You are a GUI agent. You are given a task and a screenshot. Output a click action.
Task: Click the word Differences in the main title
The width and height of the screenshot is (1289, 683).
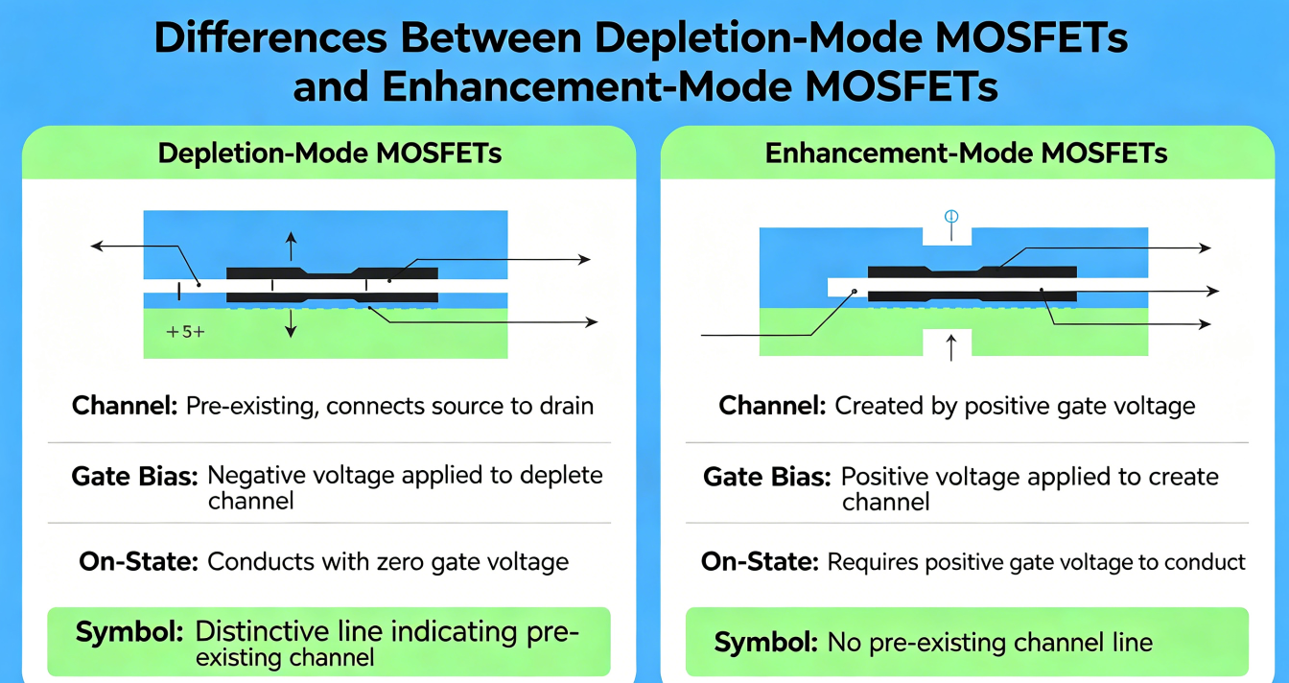tap(270, 38)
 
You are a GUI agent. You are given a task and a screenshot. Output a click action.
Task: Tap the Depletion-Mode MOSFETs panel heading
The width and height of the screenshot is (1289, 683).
tap(330, 153)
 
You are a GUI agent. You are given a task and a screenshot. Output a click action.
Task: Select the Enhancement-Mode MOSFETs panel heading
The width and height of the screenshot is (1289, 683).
tap(966, 153)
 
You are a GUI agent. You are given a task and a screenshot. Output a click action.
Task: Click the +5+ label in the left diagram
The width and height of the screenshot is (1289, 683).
tap(185, 332)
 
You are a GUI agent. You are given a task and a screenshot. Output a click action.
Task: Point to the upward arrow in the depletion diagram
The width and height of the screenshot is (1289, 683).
tap(292, 247)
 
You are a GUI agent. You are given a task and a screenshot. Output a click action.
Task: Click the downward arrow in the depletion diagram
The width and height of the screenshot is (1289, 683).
tap(292, 323)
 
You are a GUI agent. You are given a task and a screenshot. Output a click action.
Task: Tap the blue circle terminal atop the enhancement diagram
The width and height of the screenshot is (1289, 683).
tap(951, 217)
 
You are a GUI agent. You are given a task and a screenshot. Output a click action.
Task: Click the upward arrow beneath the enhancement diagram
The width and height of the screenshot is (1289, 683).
tap(951, 347)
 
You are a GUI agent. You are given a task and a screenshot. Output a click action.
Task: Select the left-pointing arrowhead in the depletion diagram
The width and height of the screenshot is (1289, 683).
tap(97, 247)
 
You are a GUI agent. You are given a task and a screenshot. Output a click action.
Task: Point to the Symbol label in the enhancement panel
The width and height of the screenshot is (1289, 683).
tap(766, 642)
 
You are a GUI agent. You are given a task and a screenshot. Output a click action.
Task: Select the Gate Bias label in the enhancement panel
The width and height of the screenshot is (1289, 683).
tap(767, 477)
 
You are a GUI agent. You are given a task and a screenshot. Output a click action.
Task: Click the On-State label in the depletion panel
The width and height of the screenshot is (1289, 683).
tap(139, 561)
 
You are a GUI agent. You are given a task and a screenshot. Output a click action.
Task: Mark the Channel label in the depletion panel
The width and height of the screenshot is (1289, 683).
tap(125, 406)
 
